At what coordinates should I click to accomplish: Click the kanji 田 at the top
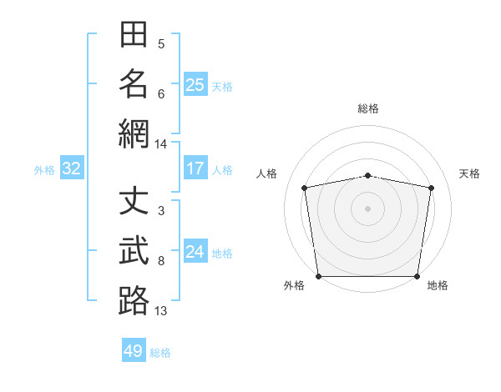(x=134, y=34)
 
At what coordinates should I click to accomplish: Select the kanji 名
(x=134, y=84)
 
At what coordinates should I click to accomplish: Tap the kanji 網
(x=134, y=133)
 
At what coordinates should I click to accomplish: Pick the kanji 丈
(x=134, y=200)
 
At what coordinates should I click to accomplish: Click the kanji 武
(x=134, y=250)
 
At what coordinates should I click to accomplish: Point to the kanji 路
(x=134, y=300)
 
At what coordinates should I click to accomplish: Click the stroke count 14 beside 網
(x=160, y=144)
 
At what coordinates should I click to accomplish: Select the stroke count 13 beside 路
(x=160, y=311)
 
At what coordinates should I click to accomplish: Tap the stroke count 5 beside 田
(x=161, y=44)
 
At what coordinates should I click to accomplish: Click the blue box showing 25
(x=195, y=84)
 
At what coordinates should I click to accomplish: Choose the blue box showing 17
(x=195, y=168)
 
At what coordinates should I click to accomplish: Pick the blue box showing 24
(x=195, y=250)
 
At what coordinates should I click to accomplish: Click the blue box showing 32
(x=72, y=168)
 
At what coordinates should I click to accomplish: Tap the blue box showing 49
(x=134, y=349)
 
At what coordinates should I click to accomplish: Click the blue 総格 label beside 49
(x=160, y=353)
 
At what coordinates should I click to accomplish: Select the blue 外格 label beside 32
(x=44, y=170)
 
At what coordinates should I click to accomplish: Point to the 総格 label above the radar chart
(x=368, y=108)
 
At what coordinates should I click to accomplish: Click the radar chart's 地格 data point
(x=417, y=276)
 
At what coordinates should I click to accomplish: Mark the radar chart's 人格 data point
(x=305, y=188)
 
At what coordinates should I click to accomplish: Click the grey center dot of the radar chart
(x=367, y=209)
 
